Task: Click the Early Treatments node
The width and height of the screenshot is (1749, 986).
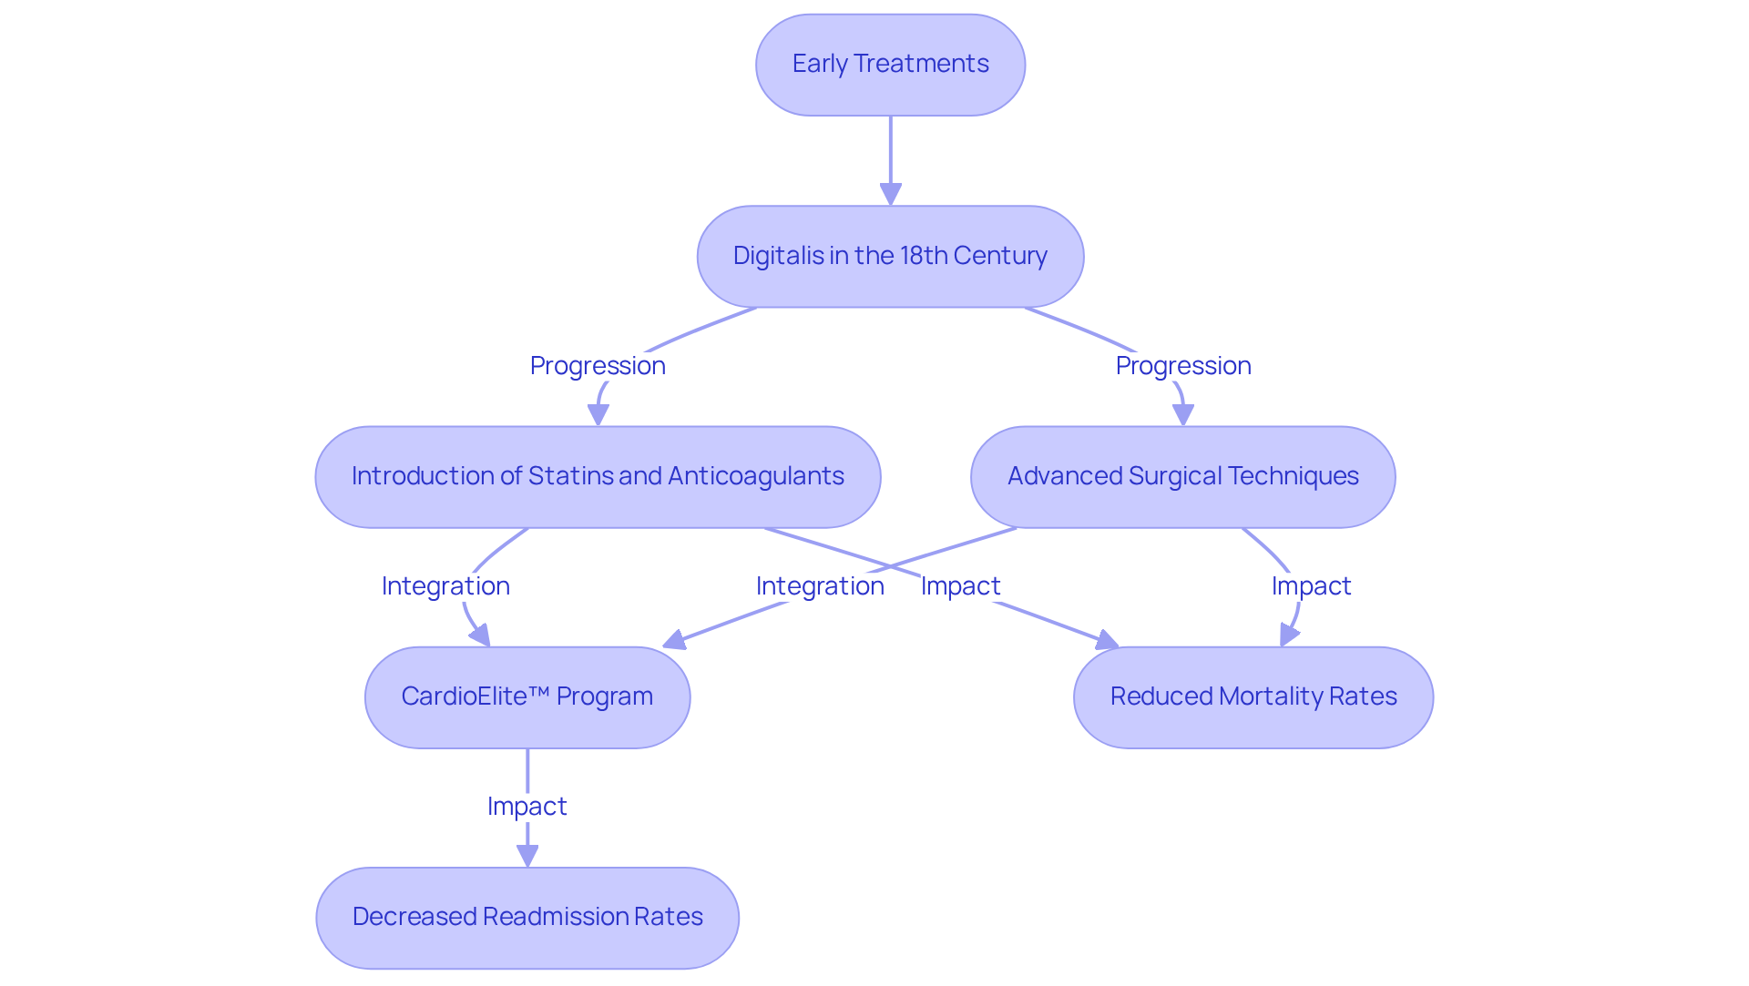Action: (890, 65)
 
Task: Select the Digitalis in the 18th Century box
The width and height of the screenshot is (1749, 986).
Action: (890, 256)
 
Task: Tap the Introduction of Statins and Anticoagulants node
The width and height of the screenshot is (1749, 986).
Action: (598, 476)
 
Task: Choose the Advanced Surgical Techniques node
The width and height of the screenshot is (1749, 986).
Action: (1182, 476)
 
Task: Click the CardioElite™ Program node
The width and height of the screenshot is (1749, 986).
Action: (527, 696)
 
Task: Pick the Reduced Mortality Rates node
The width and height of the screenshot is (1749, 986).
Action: (1253, 696)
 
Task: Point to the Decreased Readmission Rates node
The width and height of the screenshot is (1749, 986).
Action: (527, 917)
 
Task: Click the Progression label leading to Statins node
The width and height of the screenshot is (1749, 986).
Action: (598, 366)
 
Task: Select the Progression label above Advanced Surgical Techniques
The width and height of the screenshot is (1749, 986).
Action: (1182, 366)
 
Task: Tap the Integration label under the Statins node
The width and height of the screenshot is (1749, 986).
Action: (445, 586)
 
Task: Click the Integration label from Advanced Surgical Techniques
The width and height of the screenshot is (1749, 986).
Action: (820, 586)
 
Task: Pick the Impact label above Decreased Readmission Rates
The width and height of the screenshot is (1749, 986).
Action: (527, 807)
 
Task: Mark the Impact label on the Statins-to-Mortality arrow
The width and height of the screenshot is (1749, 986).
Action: (960, 586)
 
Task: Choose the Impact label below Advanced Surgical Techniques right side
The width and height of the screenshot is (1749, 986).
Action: (1311, 586)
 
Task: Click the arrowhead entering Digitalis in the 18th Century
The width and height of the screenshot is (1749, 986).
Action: (890, 195)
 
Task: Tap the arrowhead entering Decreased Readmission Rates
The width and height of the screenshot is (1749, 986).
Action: (527, 856)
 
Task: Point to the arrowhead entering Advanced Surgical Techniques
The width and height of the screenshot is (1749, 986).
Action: (1182, 415)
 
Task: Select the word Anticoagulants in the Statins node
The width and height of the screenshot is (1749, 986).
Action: (755, 476)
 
